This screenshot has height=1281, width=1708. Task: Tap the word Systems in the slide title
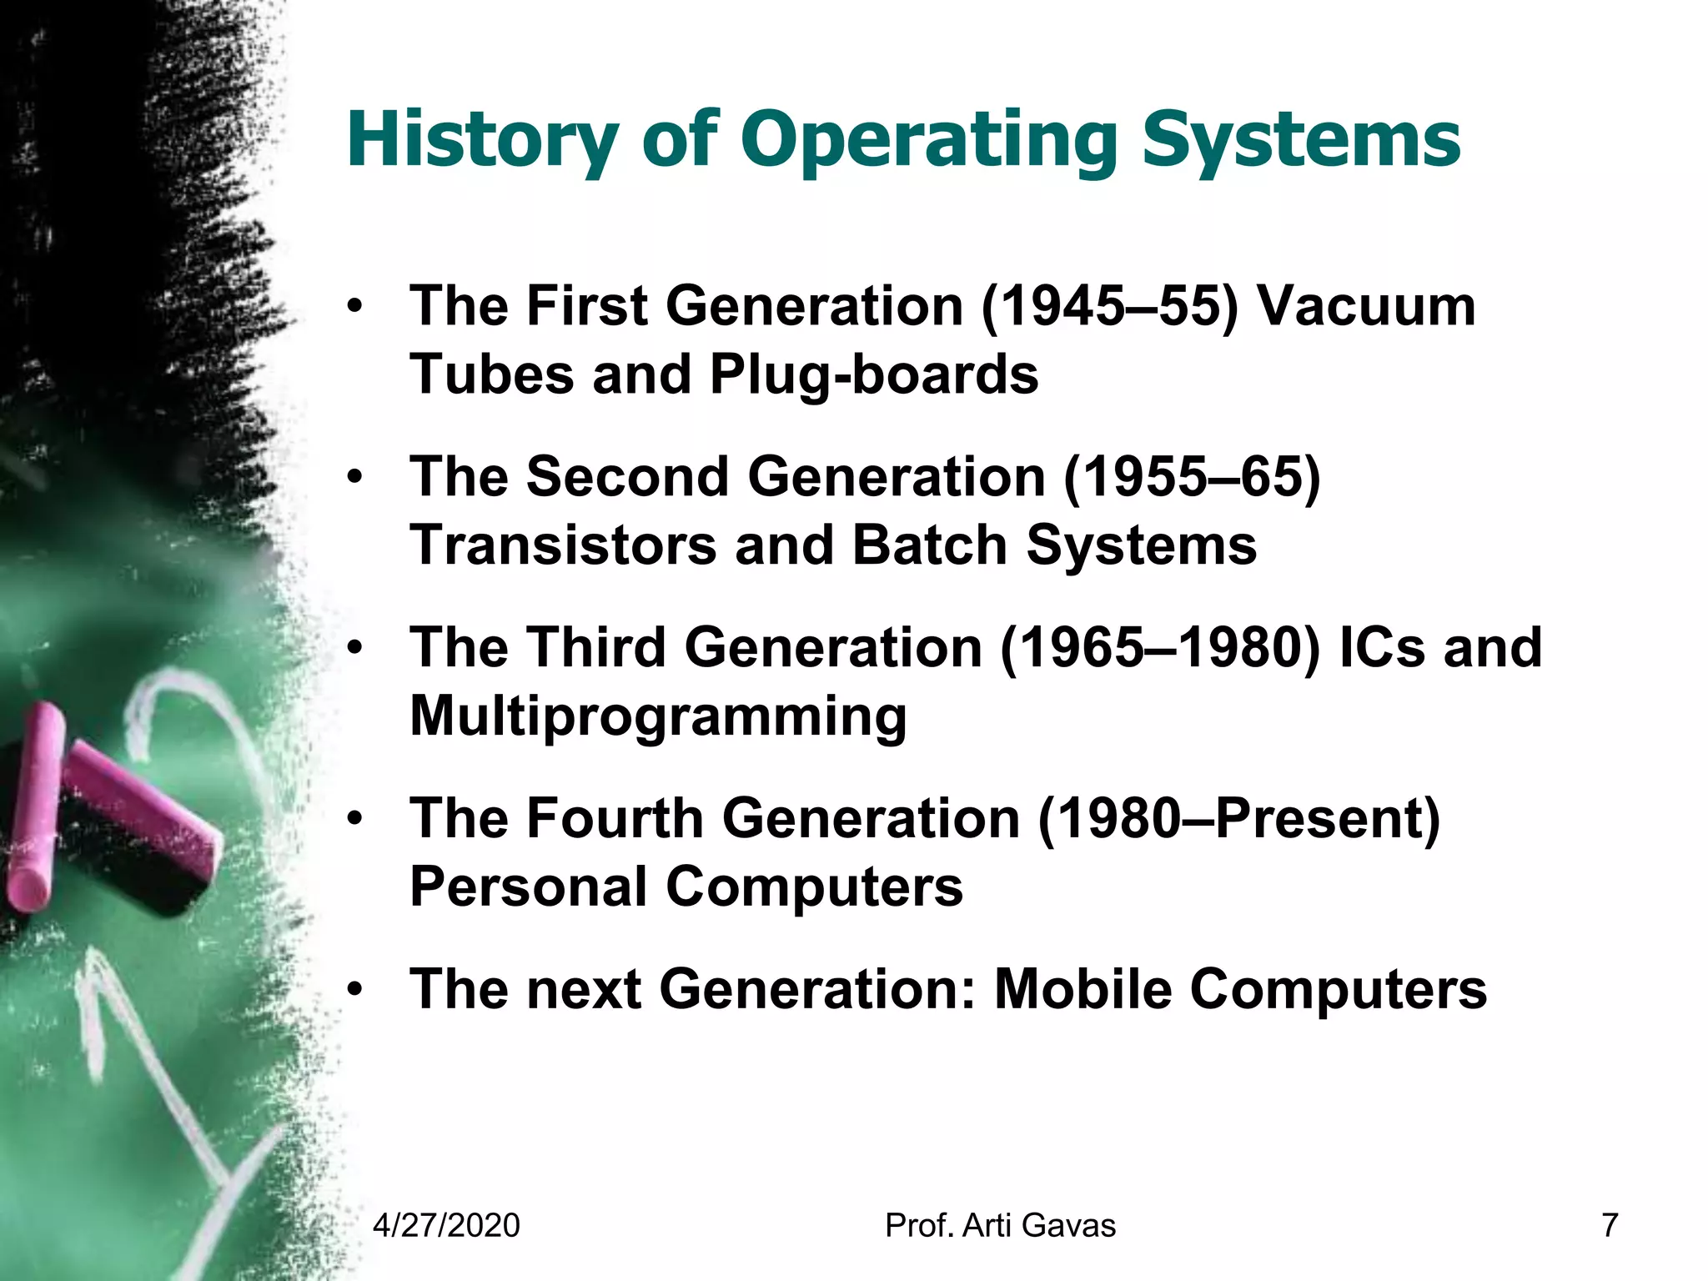coord(1300,139)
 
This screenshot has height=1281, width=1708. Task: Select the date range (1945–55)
coord(1109,306)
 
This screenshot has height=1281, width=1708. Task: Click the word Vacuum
coord(1366,306)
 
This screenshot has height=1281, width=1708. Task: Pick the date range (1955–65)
coord(1192,477)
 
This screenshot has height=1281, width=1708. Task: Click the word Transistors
coord(563,545)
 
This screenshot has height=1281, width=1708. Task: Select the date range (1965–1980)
coord(1160,648)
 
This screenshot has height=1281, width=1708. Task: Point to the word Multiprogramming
coord(658,716)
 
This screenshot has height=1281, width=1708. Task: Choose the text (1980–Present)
coord(1239,819)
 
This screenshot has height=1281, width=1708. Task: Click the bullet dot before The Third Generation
coord(356,648)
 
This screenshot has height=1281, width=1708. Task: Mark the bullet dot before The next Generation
coord(356,990)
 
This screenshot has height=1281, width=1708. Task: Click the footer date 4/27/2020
coord(446,1226)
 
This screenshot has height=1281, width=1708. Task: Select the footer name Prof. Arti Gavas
coord(1000,1226)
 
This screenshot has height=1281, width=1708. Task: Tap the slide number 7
coord(1610,1226)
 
